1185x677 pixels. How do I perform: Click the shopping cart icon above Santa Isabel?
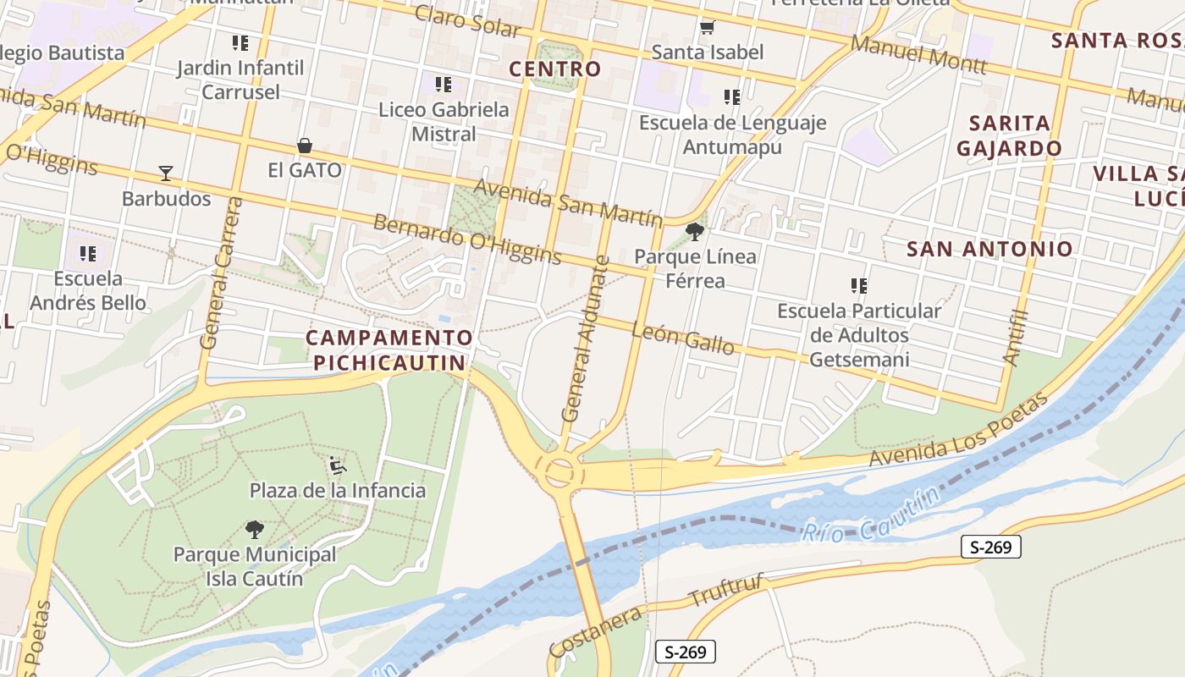pos(707,28)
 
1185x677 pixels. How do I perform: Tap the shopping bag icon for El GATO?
pos(304,146)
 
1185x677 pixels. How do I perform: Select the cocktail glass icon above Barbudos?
pos(166,173)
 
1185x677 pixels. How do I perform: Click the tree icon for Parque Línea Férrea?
pos(695,231)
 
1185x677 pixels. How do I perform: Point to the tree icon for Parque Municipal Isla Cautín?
pos(254,530)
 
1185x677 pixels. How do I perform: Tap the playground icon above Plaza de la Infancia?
pos(337,465)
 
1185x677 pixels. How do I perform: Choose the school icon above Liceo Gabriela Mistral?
pos(444,85)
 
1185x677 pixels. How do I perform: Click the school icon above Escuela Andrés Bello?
pos(87,253)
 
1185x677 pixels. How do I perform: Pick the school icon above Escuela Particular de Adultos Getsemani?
pos(859,286)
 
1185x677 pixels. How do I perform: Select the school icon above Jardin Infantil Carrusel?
pos(240,42)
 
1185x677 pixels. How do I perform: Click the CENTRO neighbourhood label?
pos(555,69)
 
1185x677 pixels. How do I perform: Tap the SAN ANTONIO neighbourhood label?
pos(989,249)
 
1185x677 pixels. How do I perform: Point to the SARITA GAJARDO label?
pos(1009,135)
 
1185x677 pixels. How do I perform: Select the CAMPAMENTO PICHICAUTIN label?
pos(388,350)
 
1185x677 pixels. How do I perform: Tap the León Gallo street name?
pos(683,338)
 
